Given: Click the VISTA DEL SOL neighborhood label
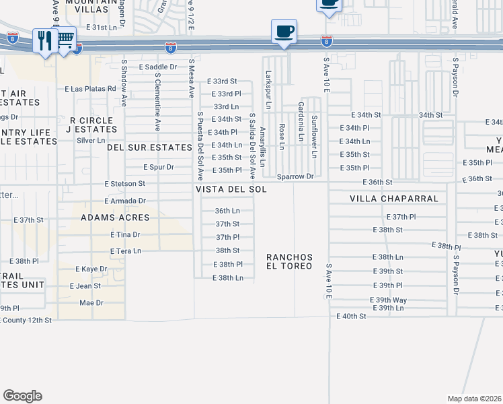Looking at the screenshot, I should [x=231, y=190].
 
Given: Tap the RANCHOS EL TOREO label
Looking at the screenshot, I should [x=289, y=261].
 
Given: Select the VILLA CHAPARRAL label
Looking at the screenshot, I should [x=393, y=199].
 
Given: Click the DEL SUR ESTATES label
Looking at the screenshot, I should [x=149, y=147].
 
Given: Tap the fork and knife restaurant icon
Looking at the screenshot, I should [x=44, y=40].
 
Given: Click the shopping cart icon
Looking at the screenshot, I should [x=65, y=40].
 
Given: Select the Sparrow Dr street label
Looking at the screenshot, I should [x=295, y=176].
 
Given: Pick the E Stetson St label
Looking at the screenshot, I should [x=124, y=183].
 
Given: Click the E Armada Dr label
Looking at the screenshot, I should [x=125, y=201].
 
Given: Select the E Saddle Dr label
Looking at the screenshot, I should [x=157, y=67].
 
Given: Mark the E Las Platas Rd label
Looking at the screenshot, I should [x=91, y=89].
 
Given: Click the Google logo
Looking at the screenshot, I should [x=22, y=396].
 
